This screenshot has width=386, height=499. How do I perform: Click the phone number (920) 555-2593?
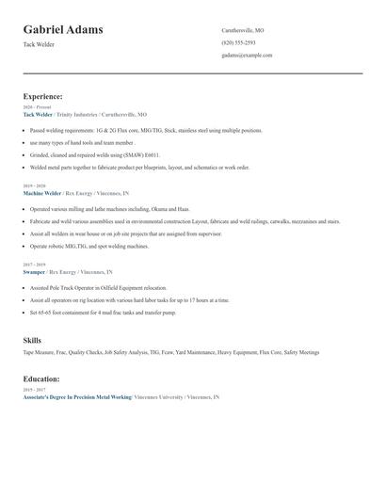point(238,43)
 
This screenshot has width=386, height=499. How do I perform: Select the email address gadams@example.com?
point(247,56)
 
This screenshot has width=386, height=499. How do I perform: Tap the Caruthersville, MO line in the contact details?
point(243,30)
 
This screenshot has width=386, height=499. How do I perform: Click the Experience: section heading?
point(42,96)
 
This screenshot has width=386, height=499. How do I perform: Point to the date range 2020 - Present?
point(38,107)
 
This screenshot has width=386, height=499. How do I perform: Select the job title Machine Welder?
point(42,192)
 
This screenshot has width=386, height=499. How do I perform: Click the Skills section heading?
point(32,339)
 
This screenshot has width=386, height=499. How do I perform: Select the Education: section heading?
point(41,378)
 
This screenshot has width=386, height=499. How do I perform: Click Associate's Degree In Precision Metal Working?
point(76,397)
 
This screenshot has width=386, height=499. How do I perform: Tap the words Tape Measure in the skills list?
point(38,352)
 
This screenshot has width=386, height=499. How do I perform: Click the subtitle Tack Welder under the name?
point(40,44)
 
